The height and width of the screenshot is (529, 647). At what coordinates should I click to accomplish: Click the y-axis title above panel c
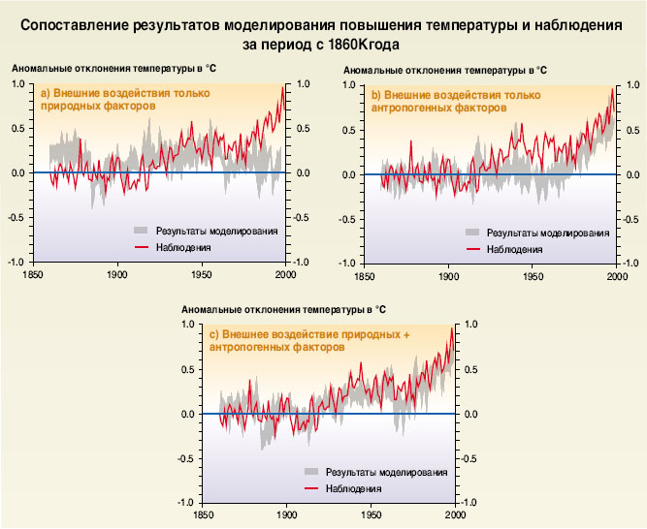click(283, 308)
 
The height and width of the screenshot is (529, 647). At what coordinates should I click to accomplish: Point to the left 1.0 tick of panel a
click(18, 84)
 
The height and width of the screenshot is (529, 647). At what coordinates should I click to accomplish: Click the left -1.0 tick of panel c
click(188, 503)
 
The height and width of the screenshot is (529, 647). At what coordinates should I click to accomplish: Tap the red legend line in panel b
click(473, 249)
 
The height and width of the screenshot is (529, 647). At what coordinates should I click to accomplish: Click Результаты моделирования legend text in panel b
click(548, 233)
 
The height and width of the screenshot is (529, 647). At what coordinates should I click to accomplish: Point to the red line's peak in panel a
click(283, 85)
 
